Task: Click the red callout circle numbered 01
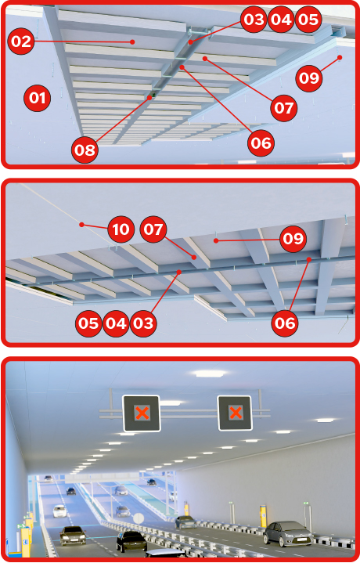pyautogui.click(x=38, y=98)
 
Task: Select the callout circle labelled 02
pyautogui.click(x=21, y=41)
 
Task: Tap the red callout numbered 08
pyautogui.click(x=85, y=150)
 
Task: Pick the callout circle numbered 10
pyautogui.click(x=121, y=229)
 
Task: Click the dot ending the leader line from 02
pyautogui.click(x=132, y=42)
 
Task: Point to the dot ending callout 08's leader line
pyautogui.click(x=149, y=97)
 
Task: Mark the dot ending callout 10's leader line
pyautogui.click(x=82, y=225)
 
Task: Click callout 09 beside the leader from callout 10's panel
pyautogui.click(x=293, y=238)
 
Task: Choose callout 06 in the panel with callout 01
pyautogui.click(x=261, y=143)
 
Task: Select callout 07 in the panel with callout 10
pyautogui.click(x=153, y=229)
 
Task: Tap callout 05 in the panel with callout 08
pyautogui.click(x=308, y=20)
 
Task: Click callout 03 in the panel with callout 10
pyautogui.click(x=143, y=323)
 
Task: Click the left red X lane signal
pyautogui.click(x=142, y=413)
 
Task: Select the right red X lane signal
pyautogui.click(x=236, y=413)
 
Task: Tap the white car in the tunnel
pyautogui.click(x=59, y=511)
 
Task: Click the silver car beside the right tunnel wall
pyautogui.click(x=288, y=533)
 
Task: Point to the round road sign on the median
pyautogui.click(x=139, y=518)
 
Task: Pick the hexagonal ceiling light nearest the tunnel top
pyautogui.click(x=210, y=374)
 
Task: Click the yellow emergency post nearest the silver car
pyautogui.click(x=264, y=514)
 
